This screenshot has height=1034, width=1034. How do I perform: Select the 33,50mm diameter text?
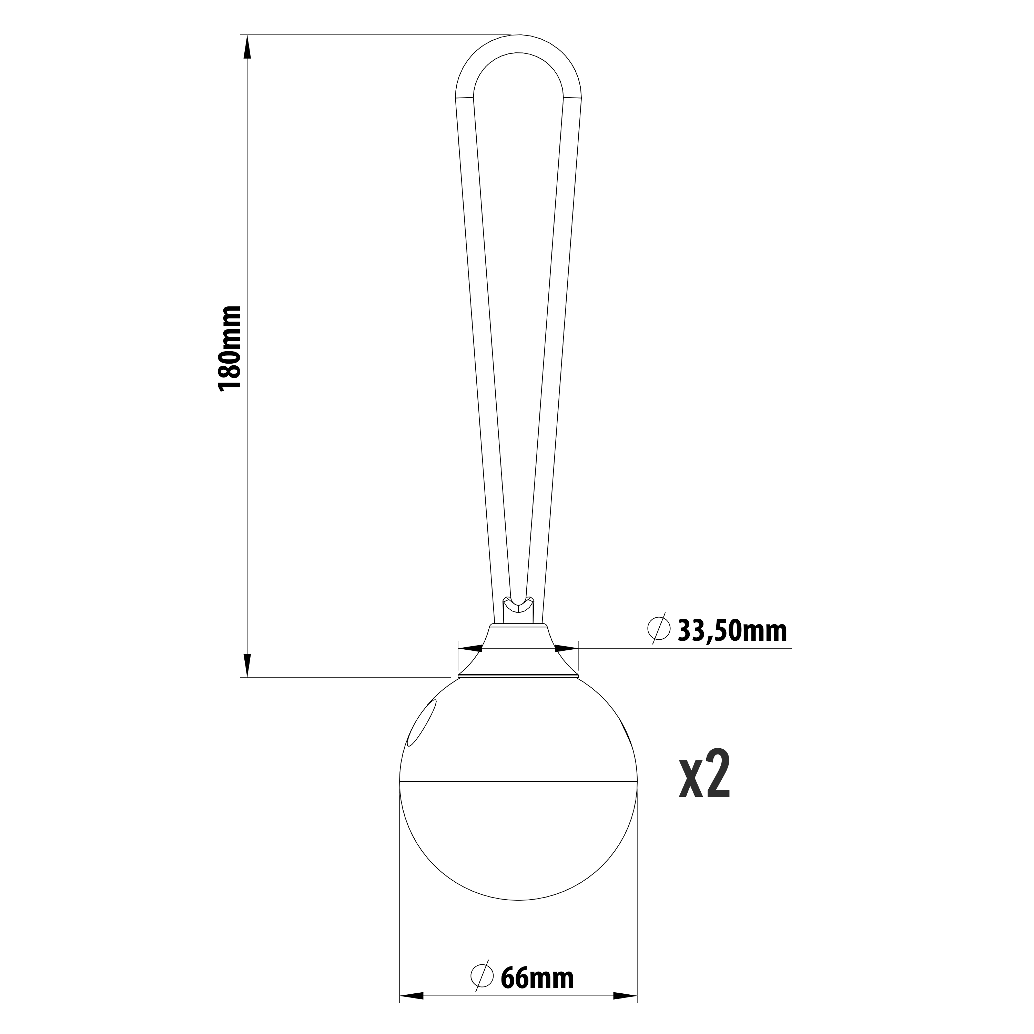click(x=732, y=631)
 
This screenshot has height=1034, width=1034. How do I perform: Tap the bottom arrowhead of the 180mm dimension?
click(x=247, y=665)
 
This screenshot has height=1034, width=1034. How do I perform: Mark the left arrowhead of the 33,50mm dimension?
click(x=471, y=649)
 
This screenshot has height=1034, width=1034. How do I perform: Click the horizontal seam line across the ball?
click(x=518, y=781)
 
